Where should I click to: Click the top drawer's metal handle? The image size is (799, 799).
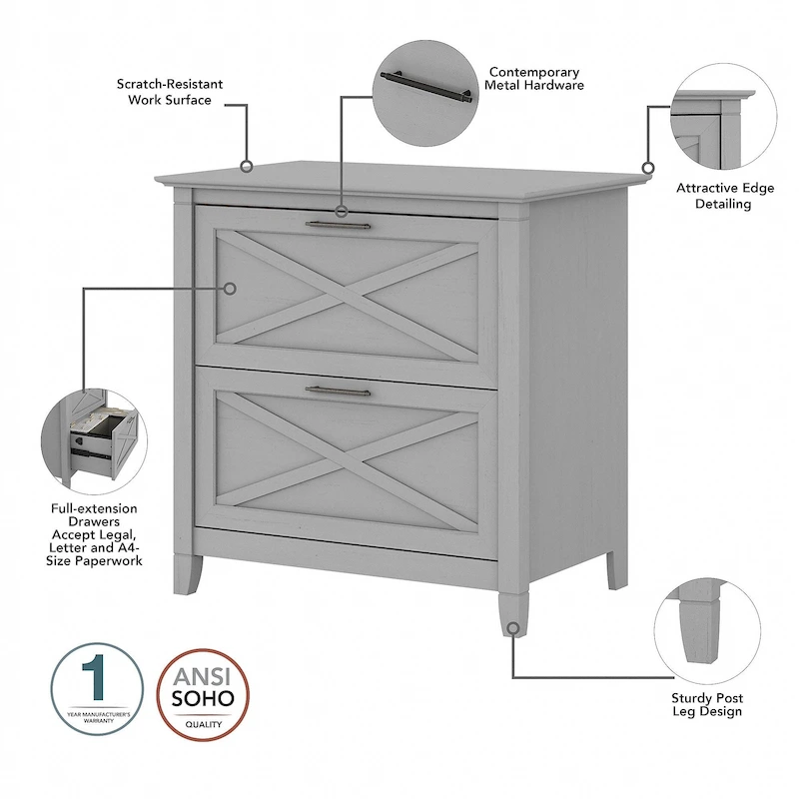(x=338, y=226)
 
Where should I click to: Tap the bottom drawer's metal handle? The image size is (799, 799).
(x=338, y=391)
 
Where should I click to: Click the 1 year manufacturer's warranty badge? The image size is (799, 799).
(x=97, y=689)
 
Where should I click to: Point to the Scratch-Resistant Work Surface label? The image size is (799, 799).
(x=169, y=92)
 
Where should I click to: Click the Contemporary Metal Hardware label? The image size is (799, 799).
(x=534, y=79)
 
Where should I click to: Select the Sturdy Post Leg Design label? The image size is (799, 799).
(x=706, y=704)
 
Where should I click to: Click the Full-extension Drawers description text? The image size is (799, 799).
(x=96, y=534)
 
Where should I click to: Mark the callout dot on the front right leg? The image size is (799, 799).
(x=512, y=628)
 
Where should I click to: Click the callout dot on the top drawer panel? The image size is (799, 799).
(x=230, y=289)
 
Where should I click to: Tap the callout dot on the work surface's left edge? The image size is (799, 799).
(x=247, y=166)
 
